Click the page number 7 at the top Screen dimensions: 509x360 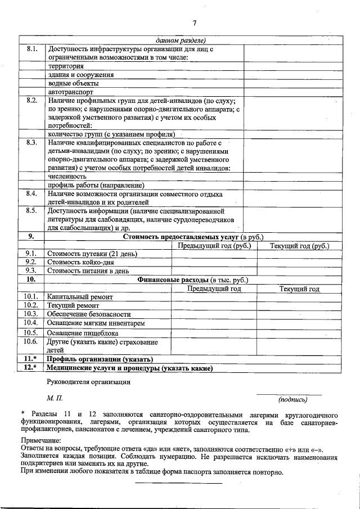click(194, 23)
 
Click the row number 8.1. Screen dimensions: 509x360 click(31, 49)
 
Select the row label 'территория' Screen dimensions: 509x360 click(66, 66)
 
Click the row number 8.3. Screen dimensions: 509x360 click(31, 143)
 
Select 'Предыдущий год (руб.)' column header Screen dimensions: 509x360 click(214, 245)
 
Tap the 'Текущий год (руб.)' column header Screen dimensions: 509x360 click(299, 245)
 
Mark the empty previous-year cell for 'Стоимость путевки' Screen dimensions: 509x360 click(214, 254)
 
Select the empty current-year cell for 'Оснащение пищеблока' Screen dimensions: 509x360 click(299, 332)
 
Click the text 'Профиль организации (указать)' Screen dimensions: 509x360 click(100, 359)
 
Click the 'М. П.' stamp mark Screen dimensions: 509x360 click(55, 398)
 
